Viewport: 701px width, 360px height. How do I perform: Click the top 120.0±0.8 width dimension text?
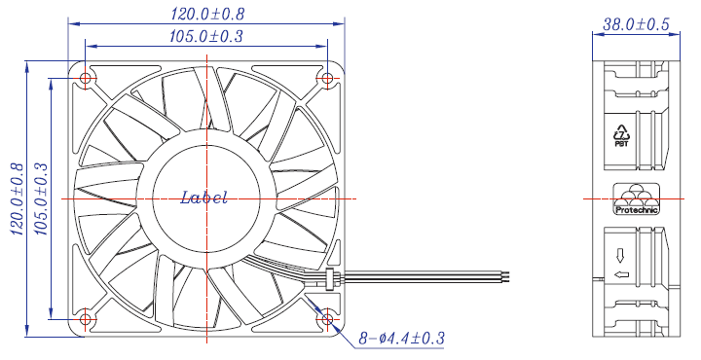coord(207,14)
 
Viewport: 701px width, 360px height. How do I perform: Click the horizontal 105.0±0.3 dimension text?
coord(206,36)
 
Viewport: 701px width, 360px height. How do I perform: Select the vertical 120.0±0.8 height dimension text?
coord(17,198)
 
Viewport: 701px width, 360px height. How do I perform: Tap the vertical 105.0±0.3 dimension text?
coord(40,198)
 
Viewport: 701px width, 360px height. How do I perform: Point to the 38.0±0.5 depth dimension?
coord(636,24)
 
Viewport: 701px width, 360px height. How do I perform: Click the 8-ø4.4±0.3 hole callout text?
coord(401,339)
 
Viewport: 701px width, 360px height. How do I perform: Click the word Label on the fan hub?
coord(203,198)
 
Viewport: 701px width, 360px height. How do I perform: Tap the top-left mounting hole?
coord(85,79)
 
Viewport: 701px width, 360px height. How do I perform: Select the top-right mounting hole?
coord(327,79)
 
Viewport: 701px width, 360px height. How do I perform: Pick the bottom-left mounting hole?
coord(85,319)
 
